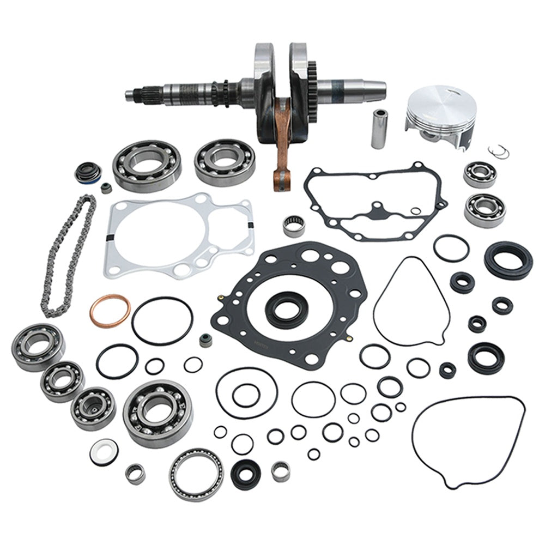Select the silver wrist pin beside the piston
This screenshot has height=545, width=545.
(377, 128)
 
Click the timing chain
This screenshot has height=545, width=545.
(68, 256)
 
